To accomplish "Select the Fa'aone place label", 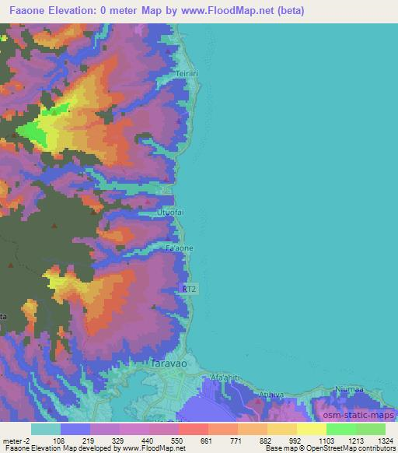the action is tap(180, 248).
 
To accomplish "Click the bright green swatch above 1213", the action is tap(341, 429).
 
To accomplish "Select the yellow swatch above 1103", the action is tap(312, 429).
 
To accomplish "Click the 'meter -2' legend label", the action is tap(16, 441).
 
